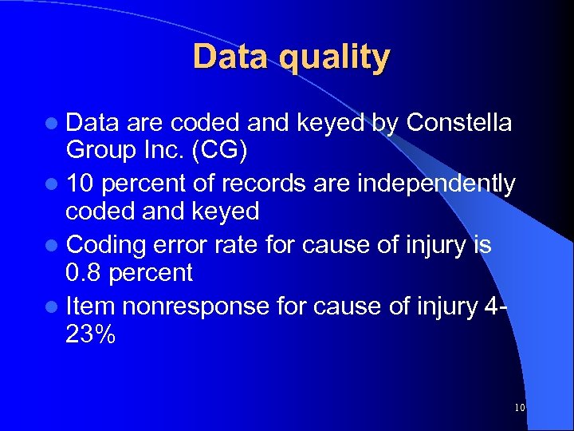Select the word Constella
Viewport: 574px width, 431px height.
[x=459, y=123]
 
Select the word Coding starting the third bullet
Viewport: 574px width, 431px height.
[x=104, y=244]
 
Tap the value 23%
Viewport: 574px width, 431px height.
[x=90, y=334]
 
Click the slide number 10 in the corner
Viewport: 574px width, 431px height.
[x=519, y=408]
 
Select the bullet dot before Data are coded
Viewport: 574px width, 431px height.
[x=52, y=125]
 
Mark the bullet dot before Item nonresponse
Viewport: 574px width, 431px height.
[x=52, y=306]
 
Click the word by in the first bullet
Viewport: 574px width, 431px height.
[x=386, y=123]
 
